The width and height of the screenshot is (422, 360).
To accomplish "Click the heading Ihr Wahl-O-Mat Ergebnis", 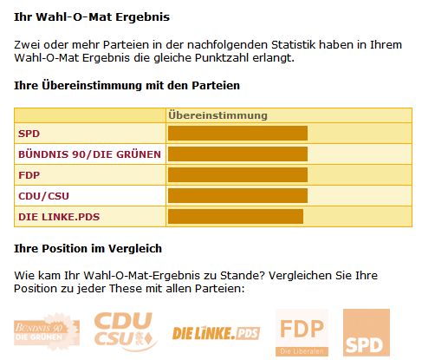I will tap(80, 16).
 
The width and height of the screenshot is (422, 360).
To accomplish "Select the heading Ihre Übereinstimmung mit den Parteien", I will tap(127, 86).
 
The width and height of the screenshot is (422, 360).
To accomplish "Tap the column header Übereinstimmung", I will tap(217, 115).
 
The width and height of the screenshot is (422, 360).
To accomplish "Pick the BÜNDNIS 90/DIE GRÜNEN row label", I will tap(86, 154).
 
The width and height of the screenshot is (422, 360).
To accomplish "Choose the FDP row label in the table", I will tap(29, 174).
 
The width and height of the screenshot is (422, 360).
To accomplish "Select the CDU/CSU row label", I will tap(42, 195).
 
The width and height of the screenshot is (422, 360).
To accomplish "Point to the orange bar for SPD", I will tap(237, 134).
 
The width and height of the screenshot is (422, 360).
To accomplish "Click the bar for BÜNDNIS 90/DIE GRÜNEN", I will tap(237, 154).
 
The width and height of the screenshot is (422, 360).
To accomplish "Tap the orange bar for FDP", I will tap(237, 174).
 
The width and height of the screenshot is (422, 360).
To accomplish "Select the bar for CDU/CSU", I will tap(237, 195).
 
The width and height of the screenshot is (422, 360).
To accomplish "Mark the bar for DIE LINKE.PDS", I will tap(235, 216).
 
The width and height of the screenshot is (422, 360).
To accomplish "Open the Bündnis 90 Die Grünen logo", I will tap(47, 333).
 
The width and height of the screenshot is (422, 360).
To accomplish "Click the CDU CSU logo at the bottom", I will tap(125, 333).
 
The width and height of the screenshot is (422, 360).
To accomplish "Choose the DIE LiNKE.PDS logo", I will tap(216, 333).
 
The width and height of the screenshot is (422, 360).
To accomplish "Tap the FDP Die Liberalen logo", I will tap(302, 333).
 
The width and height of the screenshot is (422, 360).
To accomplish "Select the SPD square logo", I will tap(366, 333).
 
